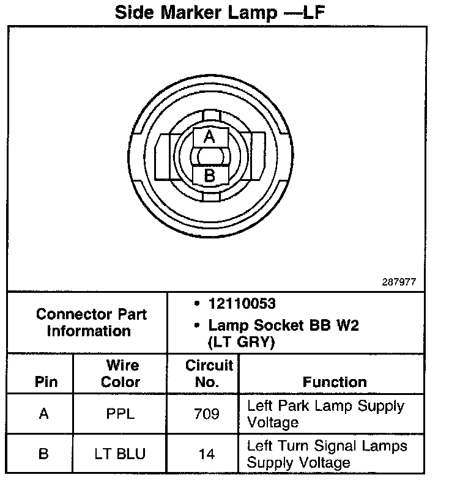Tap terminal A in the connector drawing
[209, 137]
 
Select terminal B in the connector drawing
[209, 176]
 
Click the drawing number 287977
[398, 282]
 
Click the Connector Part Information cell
[91, 323]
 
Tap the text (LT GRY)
[242, 342]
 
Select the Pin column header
[46, 382]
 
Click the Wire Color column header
[121, 374]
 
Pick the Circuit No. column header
[209, 374]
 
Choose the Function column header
[335, 382]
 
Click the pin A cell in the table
[43, 414]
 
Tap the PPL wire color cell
[120, 414]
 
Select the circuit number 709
[206, 414]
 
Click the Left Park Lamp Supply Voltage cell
[325, 414]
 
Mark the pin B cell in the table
[43, 454]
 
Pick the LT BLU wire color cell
[120, 454]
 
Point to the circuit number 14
[206, 454]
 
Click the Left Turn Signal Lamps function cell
[327, 454]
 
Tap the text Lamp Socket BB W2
[283, 325]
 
